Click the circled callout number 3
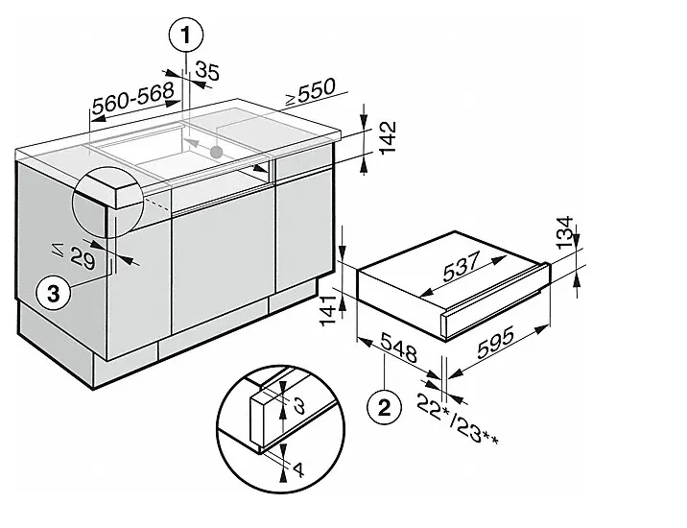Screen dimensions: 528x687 [x=56, y=294]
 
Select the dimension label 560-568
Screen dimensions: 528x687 [x=133, y=96]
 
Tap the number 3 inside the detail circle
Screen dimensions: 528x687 [x=299, y=405]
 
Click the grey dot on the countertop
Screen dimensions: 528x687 [x=218, y=151]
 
